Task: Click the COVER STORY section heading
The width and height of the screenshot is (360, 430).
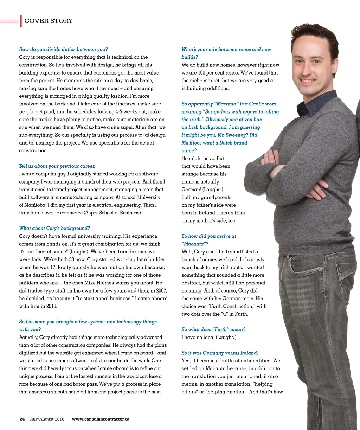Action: (x=49, y=21)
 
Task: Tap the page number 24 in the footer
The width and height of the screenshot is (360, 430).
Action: (x=22, y=419)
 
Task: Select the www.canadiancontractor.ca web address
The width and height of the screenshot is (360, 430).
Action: (x=101, y=419)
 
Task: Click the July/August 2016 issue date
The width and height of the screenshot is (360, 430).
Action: (x=47, y=419)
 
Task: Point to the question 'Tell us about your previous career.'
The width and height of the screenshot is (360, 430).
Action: (x=57, y=166)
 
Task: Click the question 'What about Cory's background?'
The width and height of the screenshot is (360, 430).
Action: (x=54, y=228)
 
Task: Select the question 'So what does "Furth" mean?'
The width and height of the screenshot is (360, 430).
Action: (x=213, y=329)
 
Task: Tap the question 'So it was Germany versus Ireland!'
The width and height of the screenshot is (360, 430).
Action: (x=220, y=353)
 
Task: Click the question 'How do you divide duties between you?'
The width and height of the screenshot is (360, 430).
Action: (x=63, y=49)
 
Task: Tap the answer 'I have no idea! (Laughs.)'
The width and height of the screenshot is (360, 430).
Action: (x=209, y=337)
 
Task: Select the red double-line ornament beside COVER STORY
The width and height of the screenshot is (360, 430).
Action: (x=10, y=21)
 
